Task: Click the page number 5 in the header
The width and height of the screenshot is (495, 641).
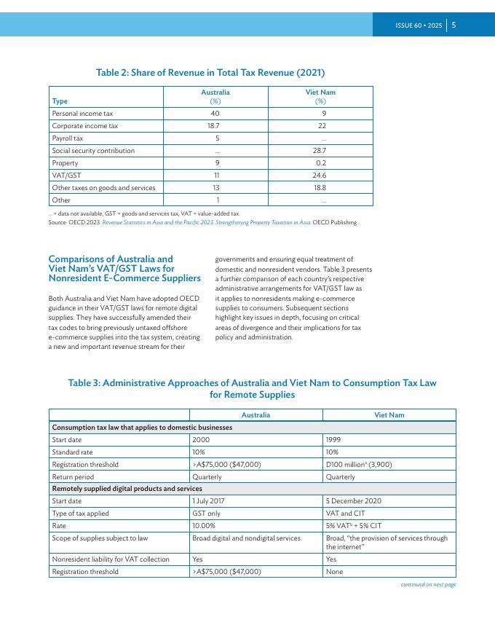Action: coord(454,25)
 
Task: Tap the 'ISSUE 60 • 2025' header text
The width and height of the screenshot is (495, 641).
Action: coord(419,25)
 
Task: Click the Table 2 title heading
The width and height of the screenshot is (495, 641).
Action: coord(210,73)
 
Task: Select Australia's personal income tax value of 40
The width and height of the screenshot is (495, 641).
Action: coord(215,114)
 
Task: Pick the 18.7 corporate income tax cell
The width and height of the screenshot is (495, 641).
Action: coord(215,126)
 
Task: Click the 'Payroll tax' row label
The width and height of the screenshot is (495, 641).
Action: coord(68,138)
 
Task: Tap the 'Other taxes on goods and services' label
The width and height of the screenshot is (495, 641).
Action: coord(103,188)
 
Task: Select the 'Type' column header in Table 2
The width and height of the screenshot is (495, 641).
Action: coord(59,101)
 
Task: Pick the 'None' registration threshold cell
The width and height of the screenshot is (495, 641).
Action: coord(336,573)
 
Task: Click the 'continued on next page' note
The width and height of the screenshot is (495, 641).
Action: coord(428,584)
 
